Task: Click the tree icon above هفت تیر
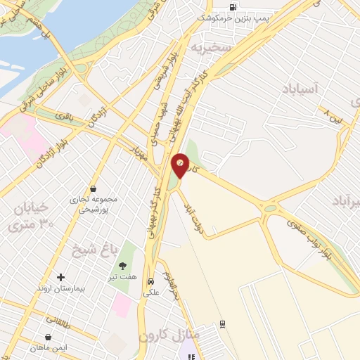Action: [x=124, y=266]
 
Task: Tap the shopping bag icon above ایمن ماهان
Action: [x=49, y=336]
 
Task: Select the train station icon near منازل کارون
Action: [x=223, y=324]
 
